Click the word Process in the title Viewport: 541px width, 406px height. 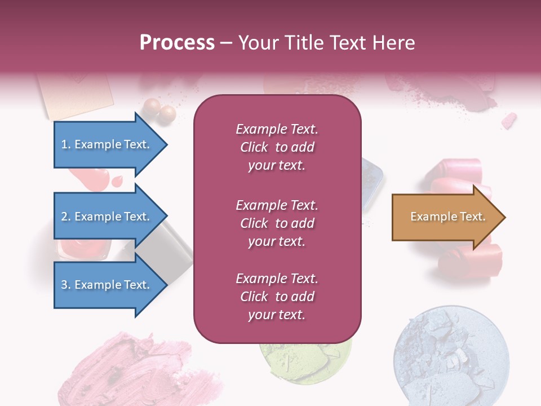coord(177,43)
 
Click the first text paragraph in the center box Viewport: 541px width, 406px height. coord(277,147)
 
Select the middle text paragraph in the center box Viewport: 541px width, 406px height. coord(277,223)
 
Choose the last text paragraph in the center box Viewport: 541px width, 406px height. coord(277,297)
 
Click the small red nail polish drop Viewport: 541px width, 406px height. coord(117,181)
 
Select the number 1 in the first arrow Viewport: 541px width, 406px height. coord(64,144)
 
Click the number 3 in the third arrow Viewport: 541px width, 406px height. coord(64,285)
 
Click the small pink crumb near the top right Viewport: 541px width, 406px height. coord(509,120)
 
